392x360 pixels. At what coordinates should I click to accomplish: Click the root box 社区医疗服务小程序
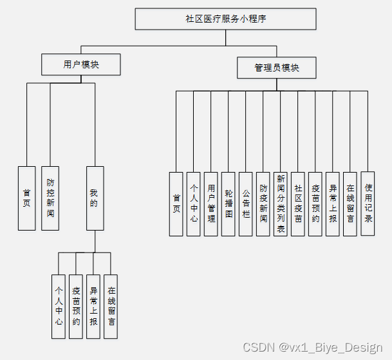point(225,19)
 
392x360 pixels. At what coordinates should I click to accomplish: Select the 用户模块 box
point(80,64)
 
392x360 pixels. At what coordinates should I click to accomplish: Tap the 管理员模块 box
point(277,67)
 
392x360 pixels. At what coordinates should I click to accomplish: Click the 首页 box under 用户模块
point(26,198)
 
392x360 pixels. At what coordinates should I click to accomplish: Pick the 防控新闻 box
point(50,198)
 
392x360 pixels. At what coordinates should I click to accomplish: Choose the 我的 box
point(95,198)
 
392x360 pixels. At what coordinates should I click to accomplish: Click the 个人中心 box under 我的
point(59,306)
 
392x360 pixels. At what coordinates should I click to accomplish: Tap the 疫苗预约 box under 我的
point(76,306)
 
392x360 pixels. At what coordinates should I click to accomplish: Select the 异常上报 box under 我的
point(93,306)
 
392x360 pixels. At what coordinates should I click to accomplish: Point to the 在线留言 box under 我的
point(111,306)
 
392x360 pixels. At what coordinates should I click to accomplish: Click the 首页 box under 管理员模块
point(176,204)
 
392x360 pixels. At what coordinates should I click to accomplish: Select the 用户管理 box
point(211,204)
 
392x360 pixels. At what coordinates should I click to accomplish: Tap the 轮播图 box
point(228,204)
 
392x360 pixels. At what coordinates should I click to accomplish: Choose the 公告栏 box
point(245,204)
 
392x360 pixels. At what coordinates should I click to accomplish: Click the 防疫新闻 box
point(263,204)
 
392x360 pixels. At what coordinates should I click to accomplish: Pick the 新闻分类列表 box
point(280,204)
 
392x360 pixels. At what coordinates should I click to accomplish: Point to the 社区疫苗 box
point(297,204)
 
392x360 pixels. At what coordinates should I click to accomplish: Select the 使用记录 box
point(368,203)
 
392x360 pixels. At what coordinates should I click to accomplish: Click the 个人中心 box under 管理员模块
point(194,204)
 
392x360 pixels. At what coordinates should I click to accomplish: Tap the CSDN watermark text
point(312,347)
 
